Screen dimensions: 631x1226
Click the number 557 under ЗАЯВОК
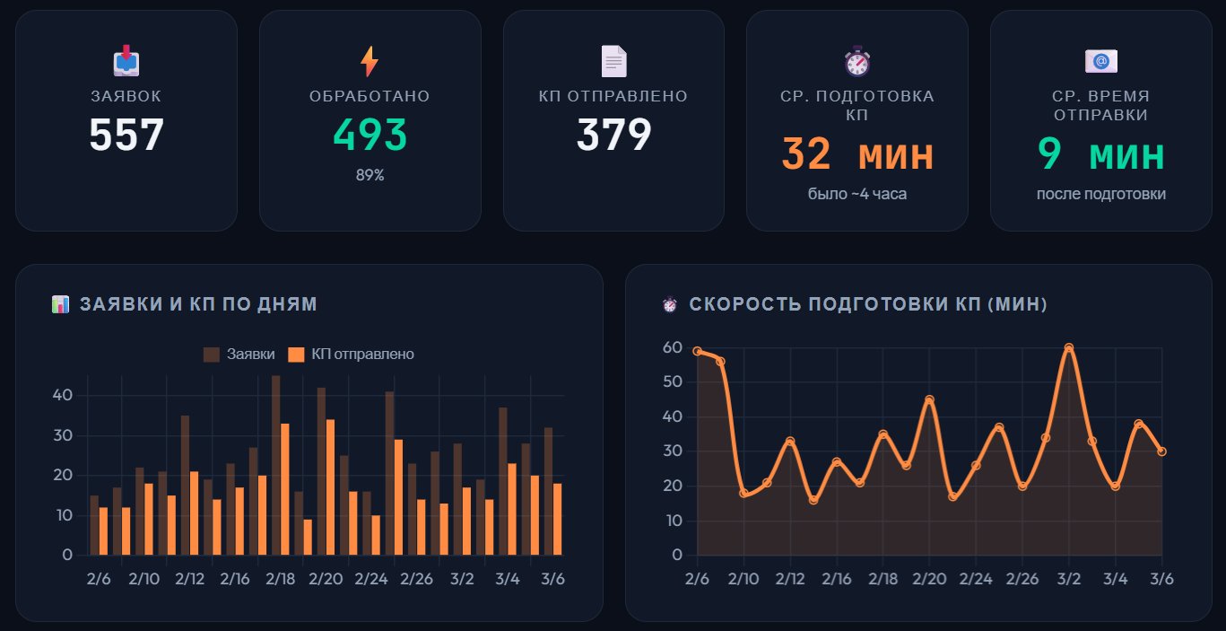click(x=126, y=136)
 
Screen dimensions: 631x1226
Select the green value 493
click(x=370, y=136)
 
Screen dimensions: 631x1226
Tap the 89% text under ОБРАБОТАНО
click(x=370, y=175)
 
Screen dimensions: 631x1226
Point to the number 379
click(x=613, y=136)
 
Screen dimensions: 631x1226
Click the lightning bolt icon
click(x=370, y=61)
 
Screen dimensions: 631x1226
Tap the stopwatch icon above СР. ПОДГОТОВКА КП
click(x=856, y=61)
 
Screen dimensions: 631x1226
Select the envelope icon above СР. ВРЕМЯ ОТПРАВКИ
click(x=1100, y=61)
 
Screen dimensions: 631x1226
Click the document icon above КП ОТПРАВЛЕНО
click(x=613, y=61)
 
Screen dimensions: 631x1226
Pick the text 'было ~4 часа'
click(x=856, y=194)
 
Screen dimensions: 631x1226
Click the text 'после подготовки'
click(x=1100, y=194)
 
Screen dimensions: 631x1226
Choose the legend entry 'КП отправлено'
click(x=351, y=355)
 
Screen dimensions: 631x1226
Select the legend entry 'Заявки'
click(x=239, y=355)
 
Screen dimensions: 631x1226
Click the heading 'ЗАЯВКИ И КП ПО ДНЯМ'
click(x=198, y=304)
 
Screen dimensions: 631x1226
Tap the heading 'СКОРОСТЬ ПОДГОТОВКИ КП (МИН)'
click(x=867, y=304)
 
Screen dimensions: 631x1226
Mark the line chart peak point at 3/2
click(x=1068, y=347)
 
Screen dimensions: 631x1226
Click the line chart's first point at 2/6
click(x=697, y=351)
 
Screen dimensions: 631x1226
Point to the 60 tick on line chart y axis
click(x=673, y=347)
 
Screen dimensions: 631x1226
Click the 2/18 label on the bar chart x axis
click(x=280, y=579)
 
